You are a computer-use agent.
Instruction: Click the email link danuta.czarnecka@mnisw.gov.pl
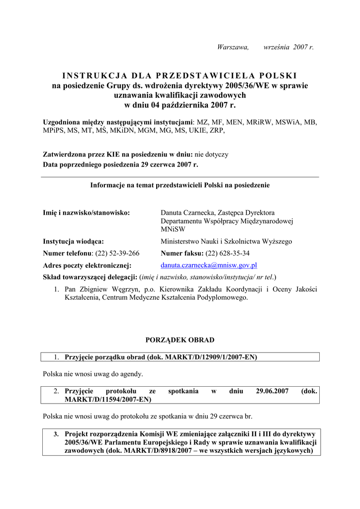(x=209, y=265)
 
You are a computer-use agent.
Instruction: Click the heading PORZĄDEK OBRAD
(x=180, y=340)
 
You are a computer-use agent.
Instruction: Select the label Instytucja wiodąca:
(x=74, y=242)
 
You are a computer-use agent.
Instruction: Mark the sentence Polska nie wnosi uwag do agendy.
(x=93, y=373)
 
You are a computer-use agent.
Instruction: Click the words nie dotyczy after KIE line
(x=211, y=155)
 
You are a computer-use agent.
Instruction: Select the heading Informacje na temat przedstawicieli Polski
(x=180, y=185)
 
